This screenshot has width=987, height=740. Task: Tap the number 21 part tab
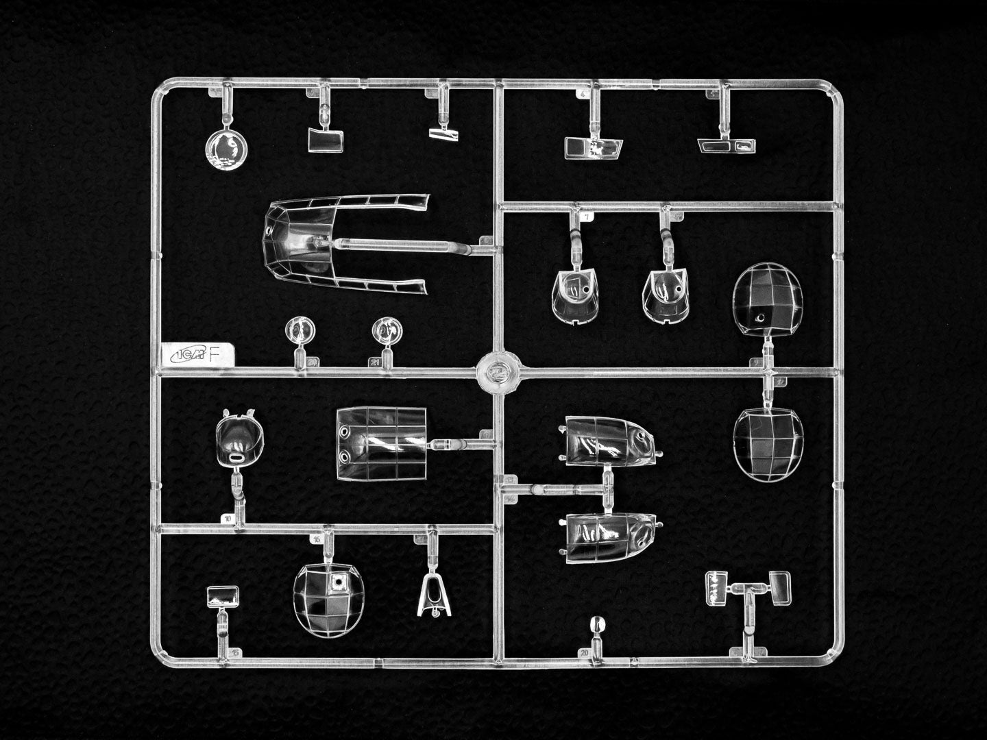click(375, 362)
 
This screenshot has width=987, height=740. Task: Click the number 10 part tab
click(226, 519)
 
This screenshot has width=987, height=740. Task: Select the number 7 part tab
click(587, 217)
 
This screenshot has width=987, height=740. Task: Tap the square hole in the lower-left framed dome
click(337, 582)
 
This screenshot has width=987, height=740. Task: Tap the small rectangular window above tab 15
click(223, 596)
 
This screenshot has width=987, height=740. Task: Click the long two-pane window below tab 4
click(594, 147)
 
